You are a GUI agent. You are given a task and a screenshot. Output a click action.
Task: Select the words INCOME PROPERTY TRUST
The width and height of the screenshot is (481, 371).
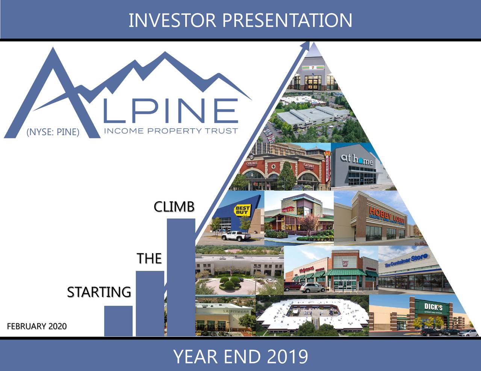pos(171,131)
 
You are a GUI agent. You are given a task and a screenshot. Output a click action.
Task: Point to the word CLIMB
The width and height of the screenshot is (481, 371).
pos(174,207)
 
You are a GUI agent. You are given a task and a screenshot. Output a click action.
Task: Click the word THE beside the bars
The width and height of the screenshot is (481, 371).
pos(149,258)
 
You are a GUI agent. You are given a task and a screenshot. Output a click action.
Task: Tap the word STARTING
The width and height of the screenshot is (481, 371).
pos(99,292)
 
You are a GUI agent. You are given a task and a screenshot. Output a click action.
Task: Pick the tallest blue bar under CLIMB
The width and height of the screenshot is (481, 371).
pos(181,278)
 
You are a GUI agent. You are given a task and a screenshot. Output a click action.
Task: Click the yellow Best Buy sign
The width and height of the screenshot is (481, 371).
pos(242,210)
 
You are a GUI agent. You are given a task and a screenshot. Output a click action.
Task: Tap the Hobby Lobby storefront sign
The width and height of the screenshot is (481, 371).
pos(387,215)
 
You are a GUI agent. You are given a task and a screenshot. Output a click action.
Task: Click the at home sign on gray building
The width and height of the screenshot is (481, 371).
pos(357,160)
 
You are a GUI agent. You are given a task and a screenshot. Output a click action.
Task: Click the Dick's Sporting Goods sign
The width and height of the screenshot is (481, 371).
pos(433,308)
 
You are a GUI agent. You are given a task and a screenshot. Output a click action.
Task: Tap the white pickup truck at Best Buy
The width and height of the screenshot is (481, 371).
pos(236,236)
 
